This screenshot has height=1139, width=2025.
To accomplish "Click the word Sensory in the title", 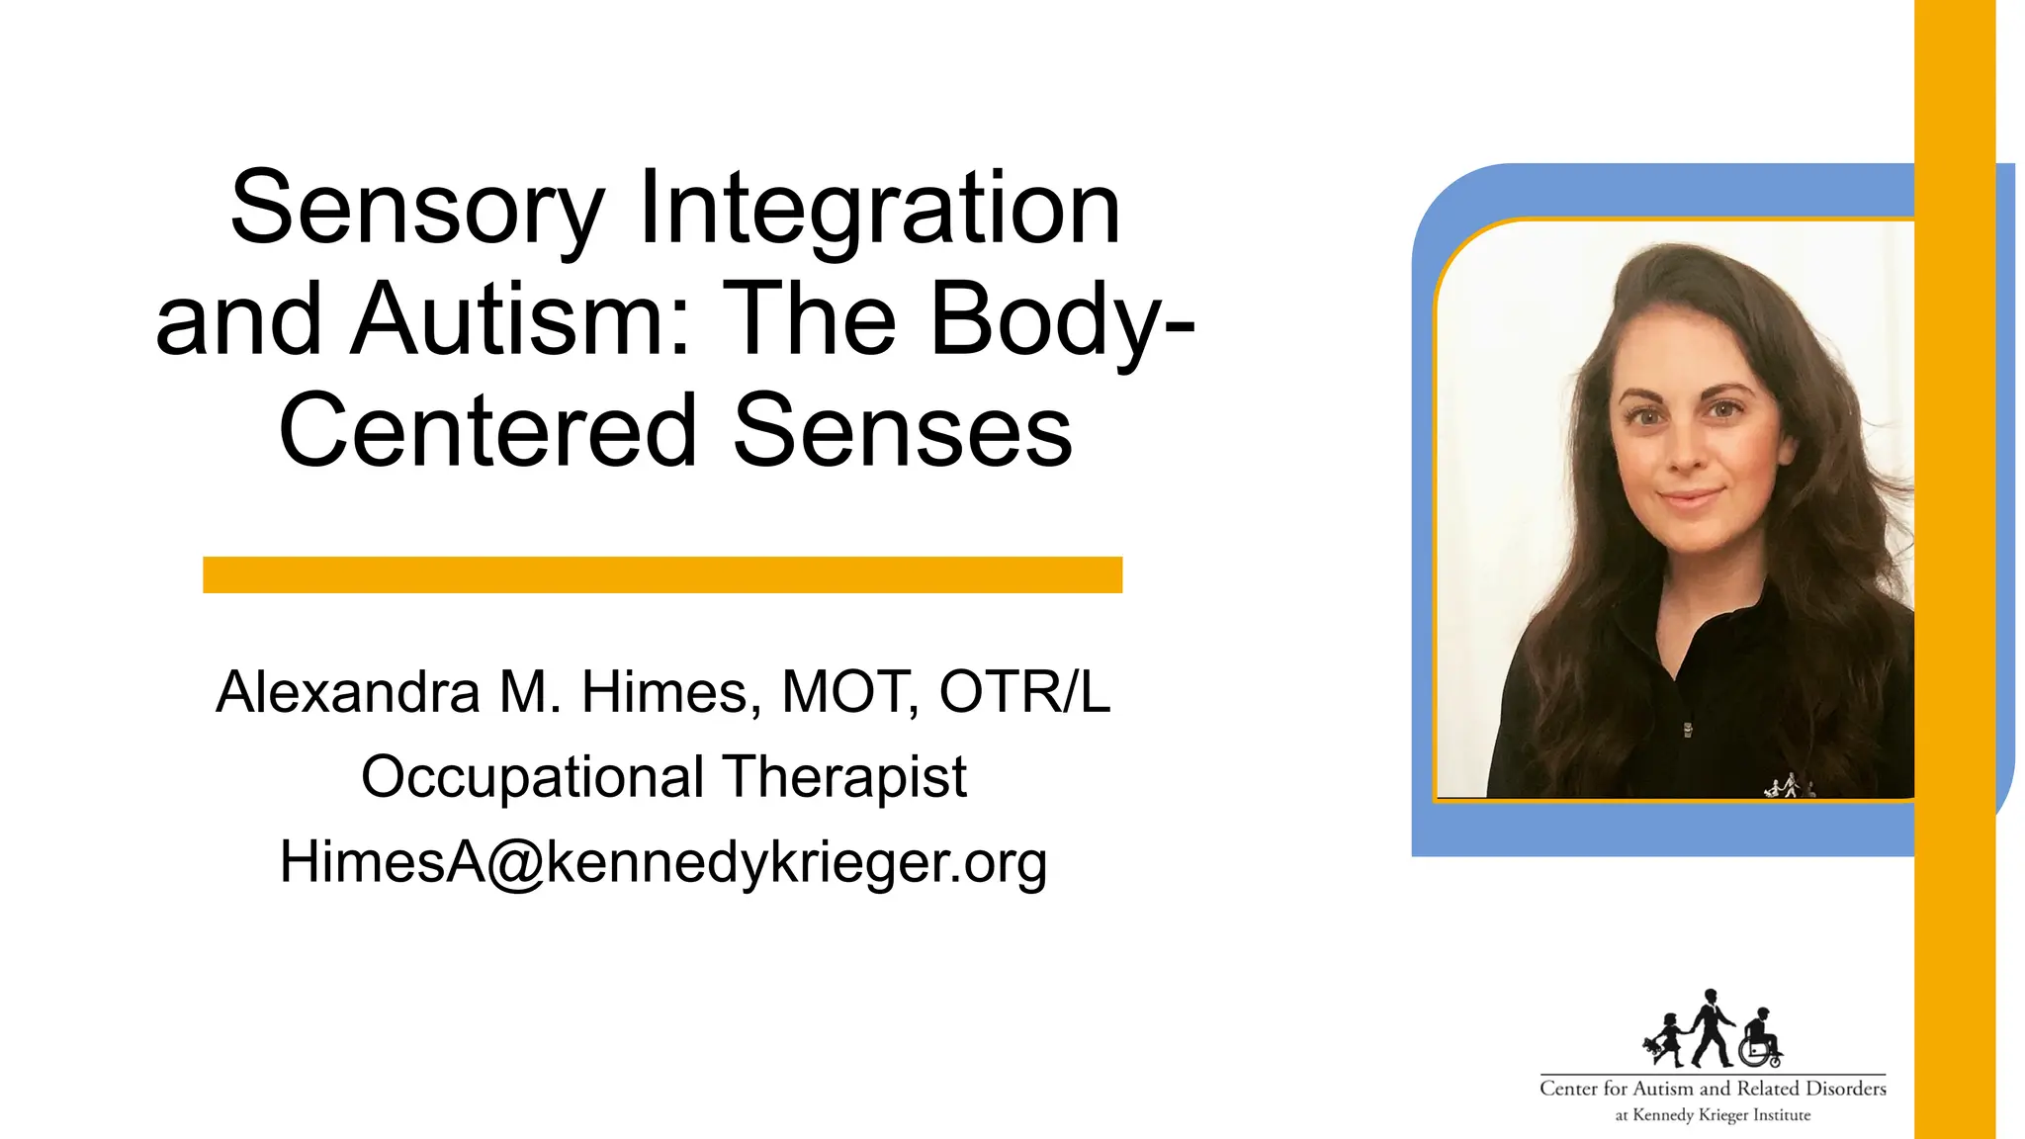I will tap(416, 210).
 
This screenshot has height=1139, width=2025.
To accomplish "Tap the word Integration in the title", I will tap(879, 210).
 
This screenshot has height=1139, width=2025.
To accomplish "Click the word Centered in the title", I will tap(488, 431).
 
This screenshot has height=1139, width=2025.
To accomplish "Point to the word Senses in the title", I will tap(902, 431).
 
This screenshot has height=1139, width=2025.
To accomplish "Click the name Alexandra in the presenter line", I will tap(348, 692).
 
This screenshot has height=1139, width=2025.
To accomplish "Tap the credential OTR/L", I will tap(1024, 692).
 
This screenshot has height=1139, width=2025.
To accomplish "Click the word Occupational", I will tap(532, 777).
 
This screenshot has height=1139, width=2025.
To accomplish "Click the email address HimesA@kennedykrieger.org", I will tap(662, 862).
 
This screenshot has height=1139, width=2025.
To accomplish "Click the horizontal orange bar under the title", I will tap(662, 574).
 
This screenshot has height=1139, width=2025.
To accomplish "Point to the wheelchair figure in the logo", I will tap(1760, 1040).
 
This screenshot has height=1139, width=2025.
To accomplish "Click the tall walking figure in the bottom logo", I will tap(1710, 1028).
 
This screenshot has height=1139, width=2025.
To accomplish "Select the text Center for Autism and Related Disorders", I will tap(1713, 1089).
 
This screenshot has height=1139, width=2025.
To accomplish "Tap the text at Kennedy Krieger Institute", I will tap(1713, 1115).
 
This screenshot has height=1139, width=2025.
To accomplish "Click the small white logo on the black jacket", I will tap(1789, 787).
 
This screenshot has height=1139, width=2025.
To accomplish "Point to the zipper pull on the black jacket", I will tap(1688, 731).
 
